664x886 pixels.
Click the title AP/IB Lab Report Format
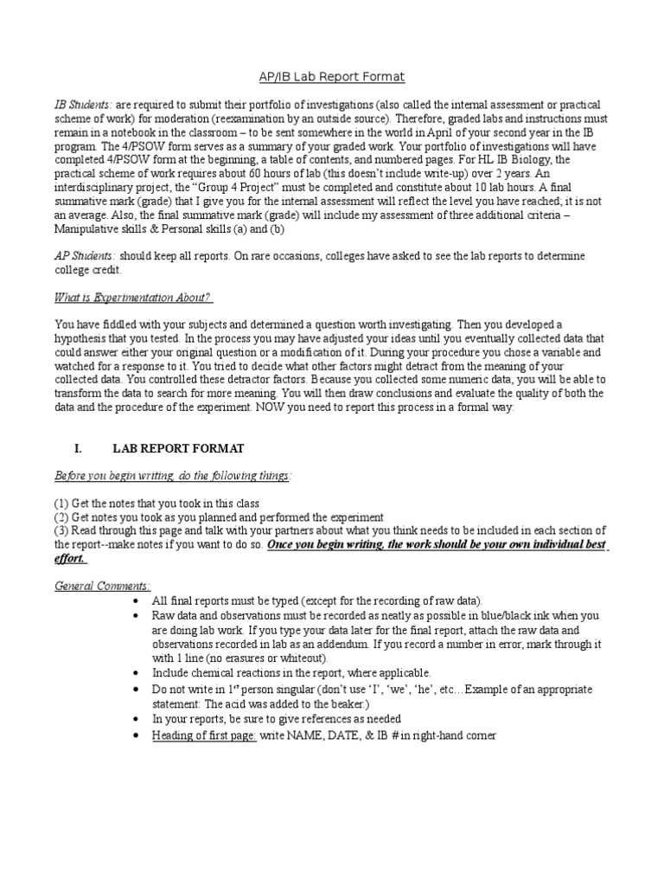[x=332, y=77]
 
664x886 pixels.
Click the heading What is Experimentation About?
[x=133, y=299]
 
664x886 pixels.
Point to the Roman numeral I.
[x=78, y=448]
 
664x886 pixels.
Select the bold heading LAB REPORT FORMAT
[x=178, y=448]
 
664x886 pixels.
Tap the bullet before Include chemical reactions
[x=139, y=674]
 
